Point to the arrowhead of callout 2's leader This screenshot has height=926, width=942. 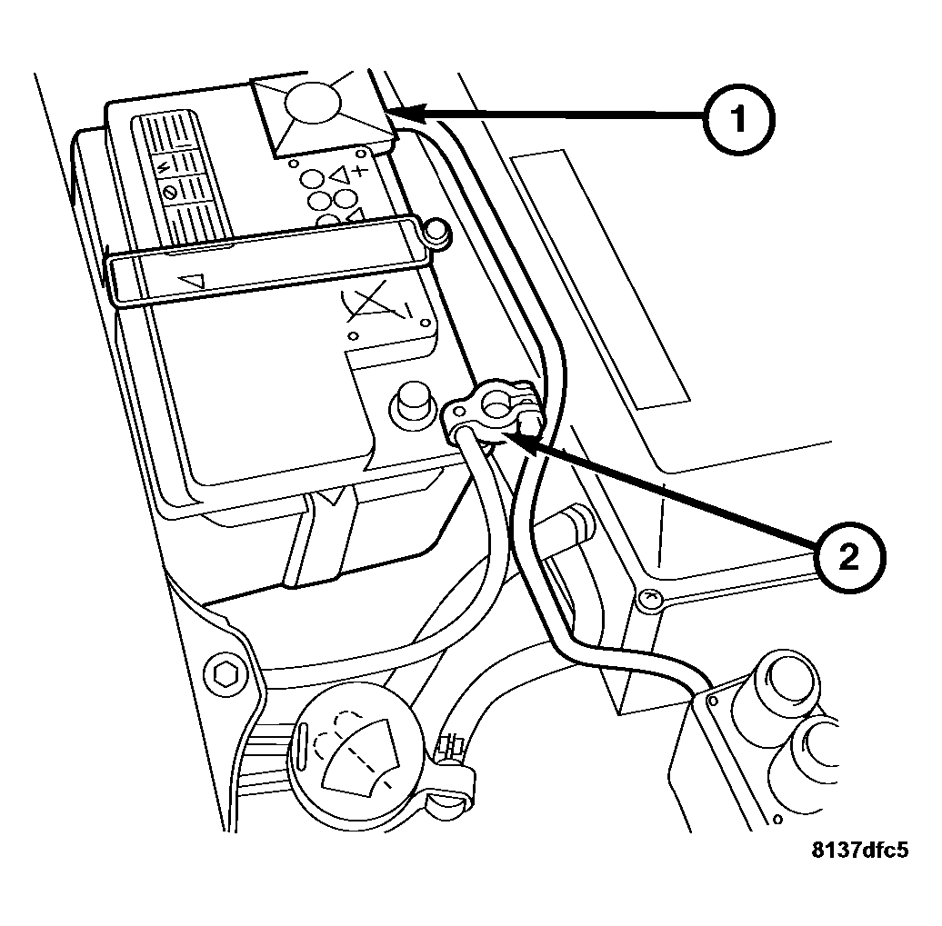point(505,439)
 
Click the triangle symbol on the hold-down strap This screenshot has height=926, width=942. point(193,283)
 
